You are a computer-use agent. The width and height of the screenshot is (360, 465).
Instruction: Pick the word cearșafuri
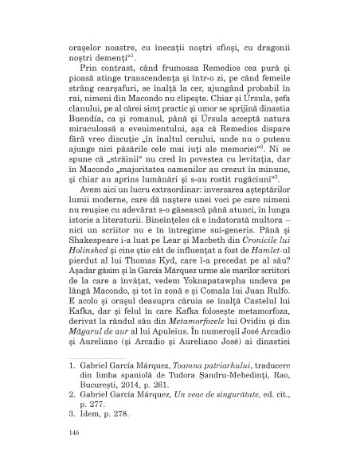(x=110, y=88)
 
